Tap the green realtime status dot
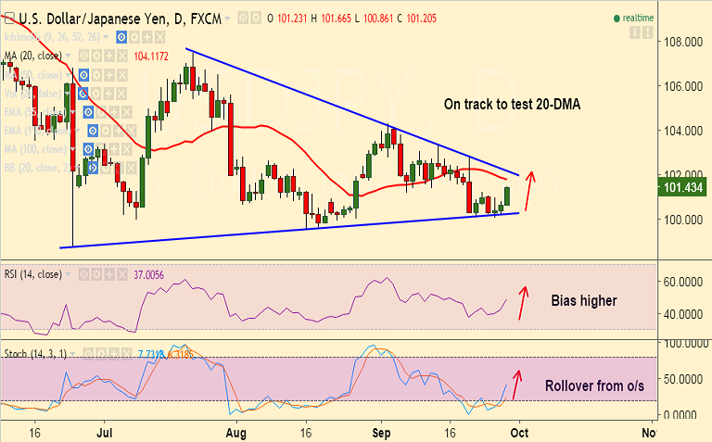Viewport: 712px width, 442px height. (x=617, y=18)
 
